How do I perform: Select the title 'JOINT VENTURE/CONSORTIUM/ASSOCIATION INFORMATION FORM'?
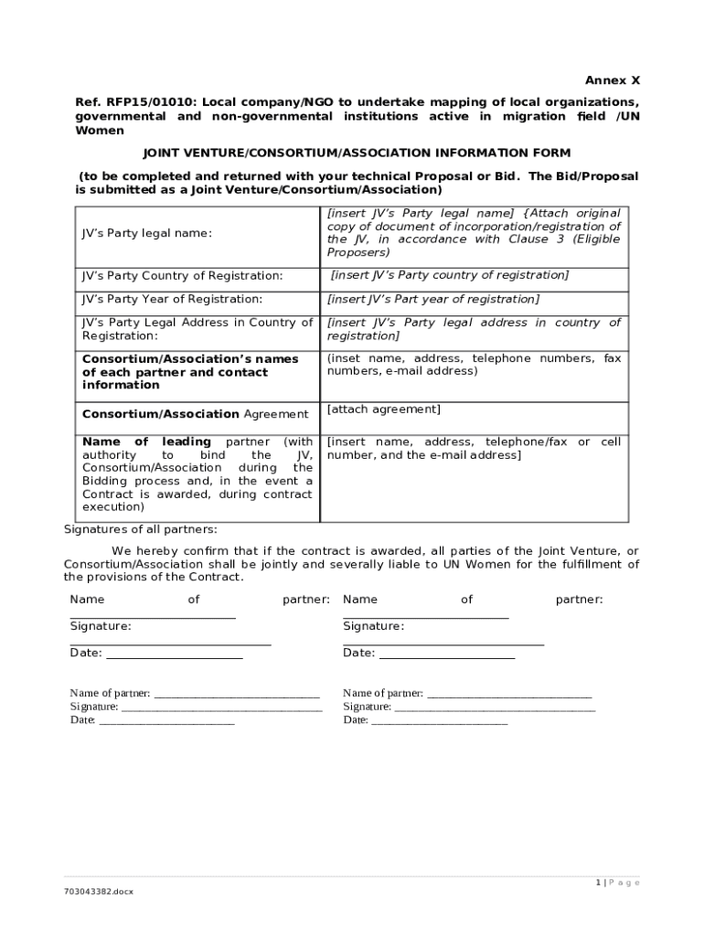coord(357,153)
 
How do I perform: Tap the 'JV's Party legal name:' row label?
coord(146,233)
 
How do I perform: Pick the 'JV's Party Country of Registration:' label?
coord(182,275)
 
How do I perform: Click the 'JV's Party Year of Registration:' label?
coord(172,299)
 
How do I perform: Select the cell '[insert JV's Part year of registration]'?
coord(433,299)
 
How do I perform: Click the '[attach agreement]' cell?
coord(383,409)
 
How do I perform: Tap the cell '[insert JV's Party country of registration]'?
coord(449,275)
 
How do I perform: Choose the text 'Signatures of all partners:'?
coord(141,529)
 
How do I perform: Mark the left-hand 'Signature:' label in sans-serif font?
coord(101,626)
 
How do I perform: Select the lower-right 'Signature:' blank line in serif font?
coord(494,707)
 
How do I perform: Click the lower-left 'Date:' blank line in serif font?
coord(165,721)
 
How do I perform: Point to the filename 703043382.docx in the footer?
coord(98,891)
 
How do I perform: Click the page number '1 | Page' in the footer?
coord(618,882)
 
